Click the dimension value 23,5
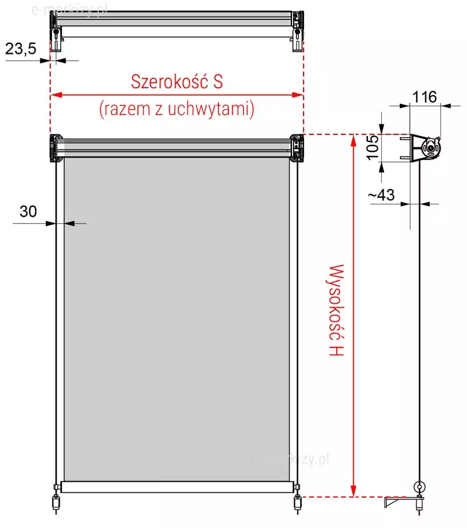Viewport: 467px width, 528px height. pos(21,49)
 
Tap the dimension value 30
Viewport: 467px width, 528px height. pos(28,211)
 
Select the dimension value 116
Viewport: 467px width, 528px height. pos(424,97)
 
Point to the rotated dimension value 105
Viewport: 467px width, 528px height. pos(372,148)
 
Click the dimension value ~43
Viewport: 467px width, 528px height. pos(381,194)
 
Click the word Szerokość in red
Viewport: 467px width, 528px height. pos(170,81)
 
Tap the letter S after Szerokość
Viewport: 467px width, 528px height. pos(218,82)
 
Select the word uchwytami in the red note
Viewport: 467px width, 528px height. pos(211,109)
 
